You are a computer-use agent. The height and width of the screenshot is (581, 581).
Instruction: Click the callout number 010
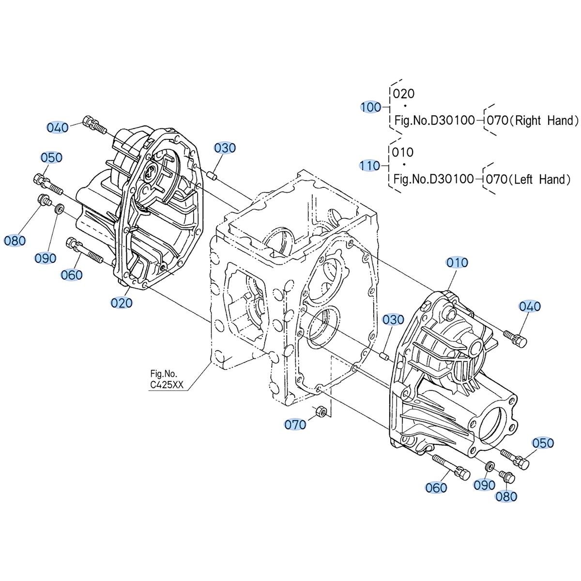[x=457, y=262]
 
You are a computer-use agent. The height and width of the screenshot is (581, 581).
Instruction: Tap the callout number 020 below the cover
[x=122, y=303]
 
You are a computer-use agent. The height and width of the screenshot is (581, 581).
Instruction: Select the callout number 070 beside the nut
[x=295, y=425]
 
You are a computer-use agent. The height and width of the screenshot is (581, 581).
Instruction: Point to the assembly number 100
[x=371, y=107]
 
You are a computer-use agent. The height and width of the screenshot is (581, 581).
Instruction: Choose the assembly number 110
[x=369, y=166]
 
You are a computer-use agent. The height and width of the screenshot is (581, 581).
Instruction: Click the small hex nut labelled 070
[x=320, y=411]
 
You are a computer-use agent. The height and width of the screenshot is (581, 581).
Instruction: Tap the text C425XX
[x=167, y=385]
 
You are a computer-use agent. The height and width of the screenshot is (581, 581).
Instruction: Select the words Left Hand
[x=541, y=180]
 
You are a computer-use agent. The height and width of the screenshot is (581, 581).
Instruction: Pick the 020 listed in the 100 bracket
[x=404, y=94]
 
